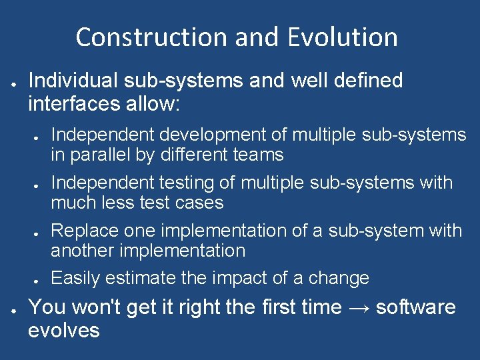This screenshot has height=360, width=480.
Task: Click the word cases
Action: click(199, 203)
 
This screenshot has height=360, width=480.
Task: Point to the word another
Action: click(79, 251)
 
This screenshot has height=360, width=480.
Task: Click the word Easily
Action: click(75, 278)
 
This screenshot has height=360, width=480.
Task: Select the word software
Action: click(416, 307)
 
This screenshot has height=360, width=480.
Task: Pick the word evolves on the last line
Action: click(64, 330)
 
